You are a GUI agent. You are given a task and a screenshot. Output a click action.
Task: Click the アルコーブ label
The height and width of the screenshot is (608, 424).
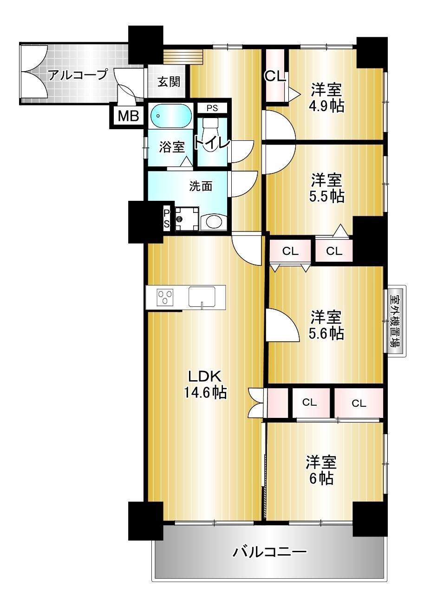coord(78,75)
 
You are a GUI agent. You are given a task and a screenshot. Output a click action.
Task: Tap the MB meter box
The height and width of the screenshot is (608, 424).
coord(128,116)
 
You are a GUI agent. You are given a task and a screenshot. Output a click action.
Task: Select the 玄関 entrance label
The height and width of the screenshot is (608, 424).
coord(169,81)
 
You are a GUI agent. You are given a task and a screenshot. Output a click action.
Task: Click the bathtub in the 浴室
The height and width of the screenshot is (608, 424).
coord(171,116)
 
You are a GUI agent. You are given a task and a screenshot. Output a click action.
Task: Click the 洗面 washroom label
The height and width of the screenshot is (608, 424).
coord(200,186)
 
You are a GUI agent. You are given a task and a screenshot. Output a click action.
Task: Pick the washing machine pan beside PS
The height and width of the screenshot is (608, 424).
coord(187,219)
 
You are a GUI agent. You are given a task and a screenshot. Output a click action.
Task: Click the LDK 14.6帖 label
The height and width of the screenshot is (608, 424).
coord(205,384)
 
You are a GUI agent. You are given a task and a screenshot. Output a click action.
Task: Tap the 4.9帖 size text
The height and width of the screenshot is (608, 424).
coord(326,106)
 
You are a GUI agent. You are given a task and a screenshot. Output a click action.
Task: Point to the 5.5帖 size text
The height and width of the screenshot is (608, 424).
coord(326,196)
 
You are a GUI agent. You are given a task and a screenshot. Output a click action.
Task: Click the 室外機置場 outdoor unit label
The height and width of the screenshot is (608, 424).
coord(396,321)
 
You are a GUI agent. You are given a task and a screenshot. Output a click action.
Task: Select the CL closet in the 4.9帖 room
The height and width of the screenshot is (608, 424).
coord(275,75)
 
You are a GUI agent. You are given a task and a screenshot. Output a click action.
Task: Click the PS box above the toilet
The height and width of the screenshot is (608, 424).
coord(212,108)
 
